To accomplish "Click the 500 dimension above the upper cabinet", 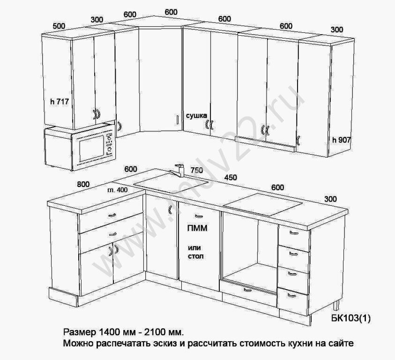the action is pyautogui.click(x=59, y=26).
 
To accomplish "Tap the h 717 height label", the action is pyautogui.click(x=60, y=102).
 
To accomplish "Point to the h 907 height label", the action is pyautogui.click(x=341, y=140).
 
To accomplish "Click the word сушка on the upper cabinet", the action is pyautogui.click(x=196, y=115).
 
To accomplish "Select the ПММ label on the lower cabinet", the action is pyautogui.click(x=197, y=228).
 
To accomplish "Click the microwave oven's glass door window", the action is pyautogui.click(x=92, y=149).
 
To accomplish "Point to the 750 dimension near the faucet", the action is pyautogui.click(x=197, y=171).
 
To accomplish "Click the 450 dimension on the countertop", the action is pyautogui.click(x=231, y=178).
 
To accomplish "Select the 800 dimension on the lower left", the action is pyautogui.click(x=83, y=184).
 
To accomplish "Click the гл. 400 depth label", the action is pyautogui.click(x=118, y=190).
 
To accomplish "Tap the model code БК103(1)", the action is pyautogui.click(x=351, y=319).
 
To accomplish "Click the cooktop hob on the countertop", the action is pyautogui.click(x=262, y=204).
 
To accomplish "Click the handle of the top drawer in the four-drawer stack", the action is pyautogui.click(x=294, y=233).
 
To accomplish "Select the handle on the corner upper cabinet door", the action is pyautogui.click(x=177, y=120).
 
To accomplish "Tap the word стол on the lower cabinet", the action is pyautogui.click(x=196, y=256).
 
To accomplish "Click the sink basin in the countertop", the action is pyautogui.click(x=171, y=183).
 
